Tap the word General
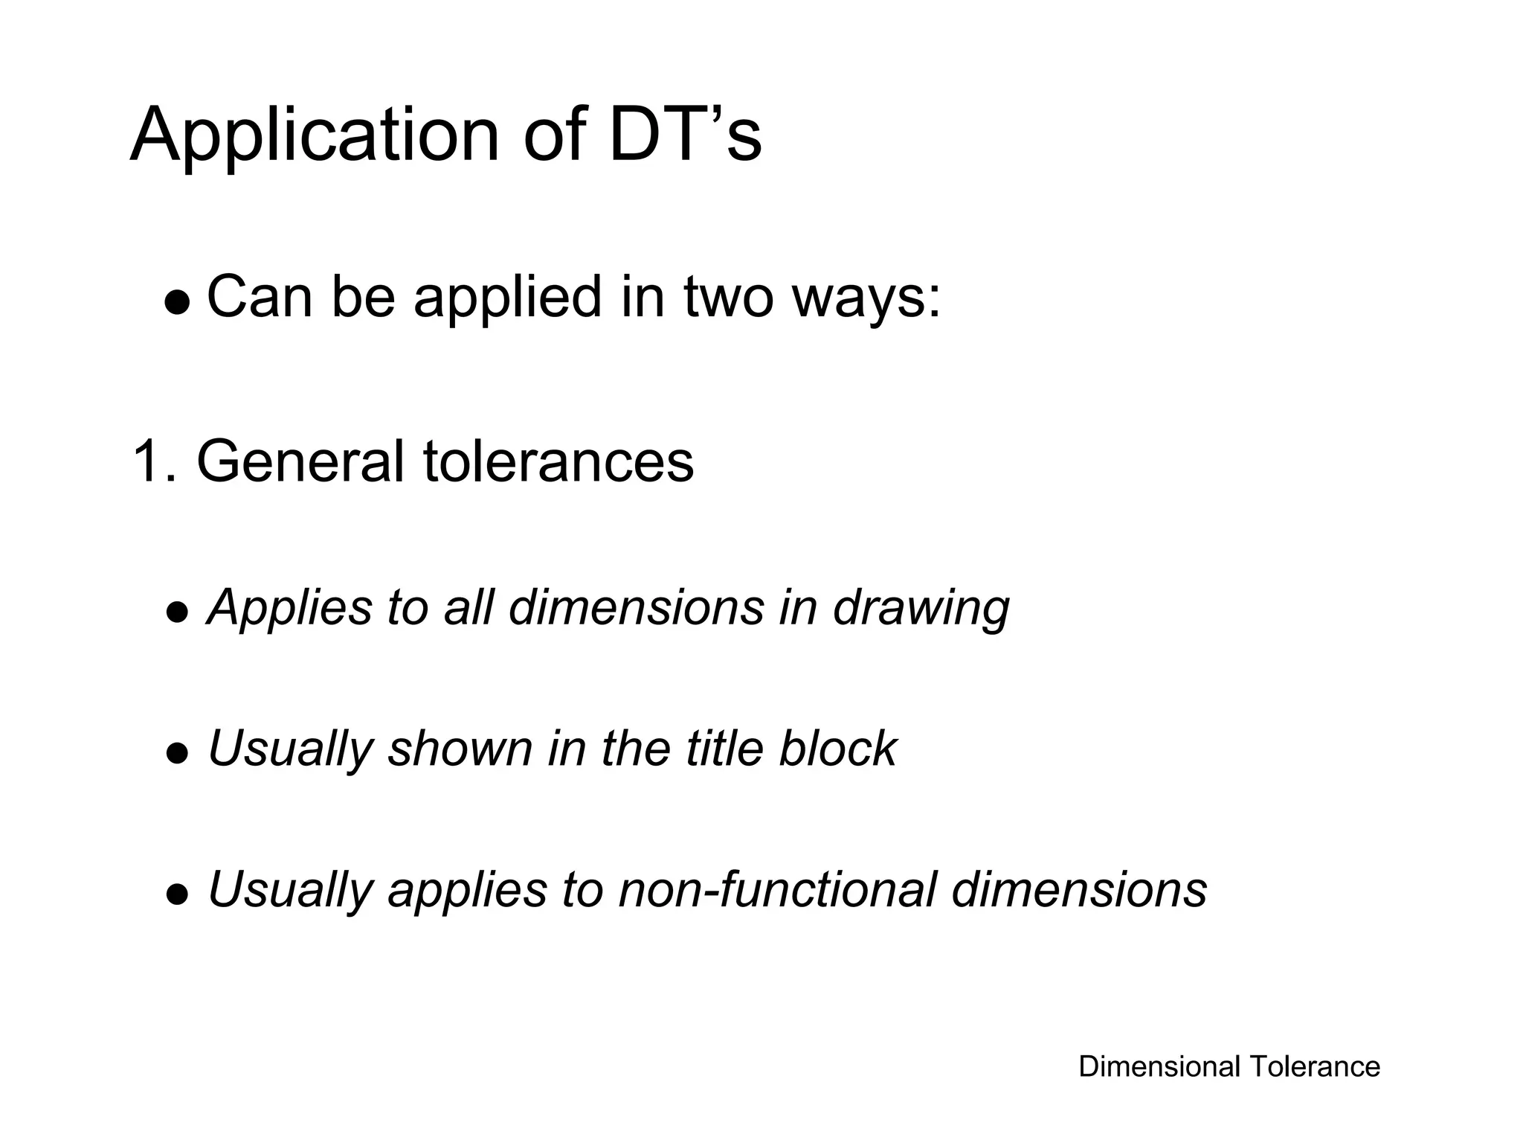pyautogui.click(x=300, y=461)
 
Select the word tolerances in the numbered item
pyautogui.click(x=558, y=461)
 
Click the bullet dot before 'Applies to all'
pyautogui.click(x=177, y=613)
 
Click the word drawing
pyautogui.click(x=921, y=607)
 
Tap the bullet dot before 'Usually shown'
pyautogui.click(x=177, y=754)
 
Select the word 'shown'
pyautogui.click(x=460, y=748)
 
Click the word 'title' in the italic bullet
pyautogui.click(x=724, y=748)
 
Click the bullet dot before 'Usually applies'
pyautogui.click(x=177, y=894)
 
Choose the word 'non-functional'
pyautogui.click(x=776, y=889)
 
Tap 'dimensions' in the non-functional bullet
pyautogui.click(x=1079, y=889)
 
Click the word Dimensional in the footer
pyautogui.click(x=1159, y=1066)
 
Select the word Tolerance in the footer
pyautogui.click(x=1314, y=1066)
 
